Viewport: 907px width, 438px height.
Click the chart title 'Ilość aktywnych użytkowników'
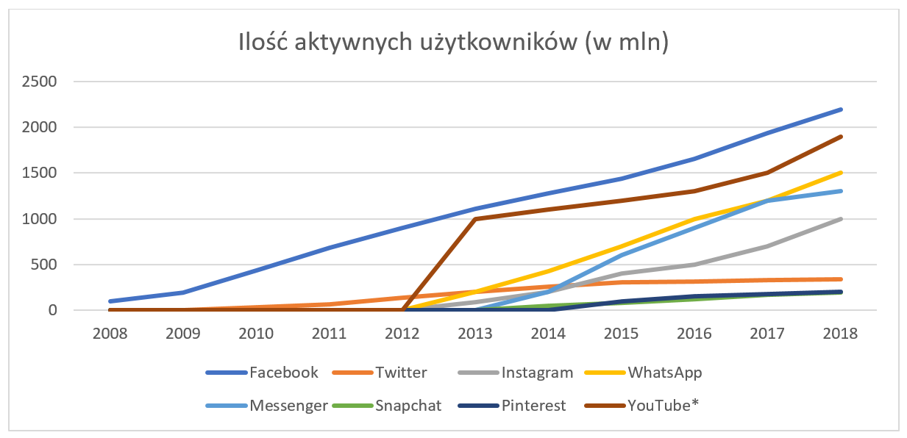point(453,43)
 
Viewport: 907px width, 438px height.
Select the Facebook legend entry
point(284,373)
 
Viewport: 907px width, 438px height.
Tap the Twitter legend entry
point(400,373)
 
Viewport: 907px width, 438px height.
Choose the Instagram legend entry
point(537,373)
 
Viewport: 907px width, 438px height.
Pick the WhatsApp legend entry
point(665,373)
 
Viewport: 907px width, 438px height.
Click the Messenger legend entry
point(288,406)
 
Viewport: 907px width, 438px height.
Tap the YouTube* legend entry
point(661,406)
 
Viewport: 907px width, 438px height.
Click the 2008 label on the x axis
point(110,333)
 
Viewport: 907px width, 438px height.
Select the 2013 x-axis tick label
point(475,333)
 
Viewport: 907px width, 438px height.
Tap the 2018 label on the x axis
point(841,333)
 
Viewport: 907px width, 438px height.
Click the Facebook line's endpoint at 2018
point(841,109)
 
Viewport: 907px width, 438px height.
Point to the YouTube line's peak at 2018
point(841,137)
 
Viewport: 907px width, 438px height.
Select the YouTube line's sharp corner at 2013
point(475,219)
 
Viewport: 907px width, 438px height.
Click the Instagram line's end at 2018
point(841,219)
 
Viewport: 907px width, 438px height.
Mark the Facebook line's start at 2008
point(110,301)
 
